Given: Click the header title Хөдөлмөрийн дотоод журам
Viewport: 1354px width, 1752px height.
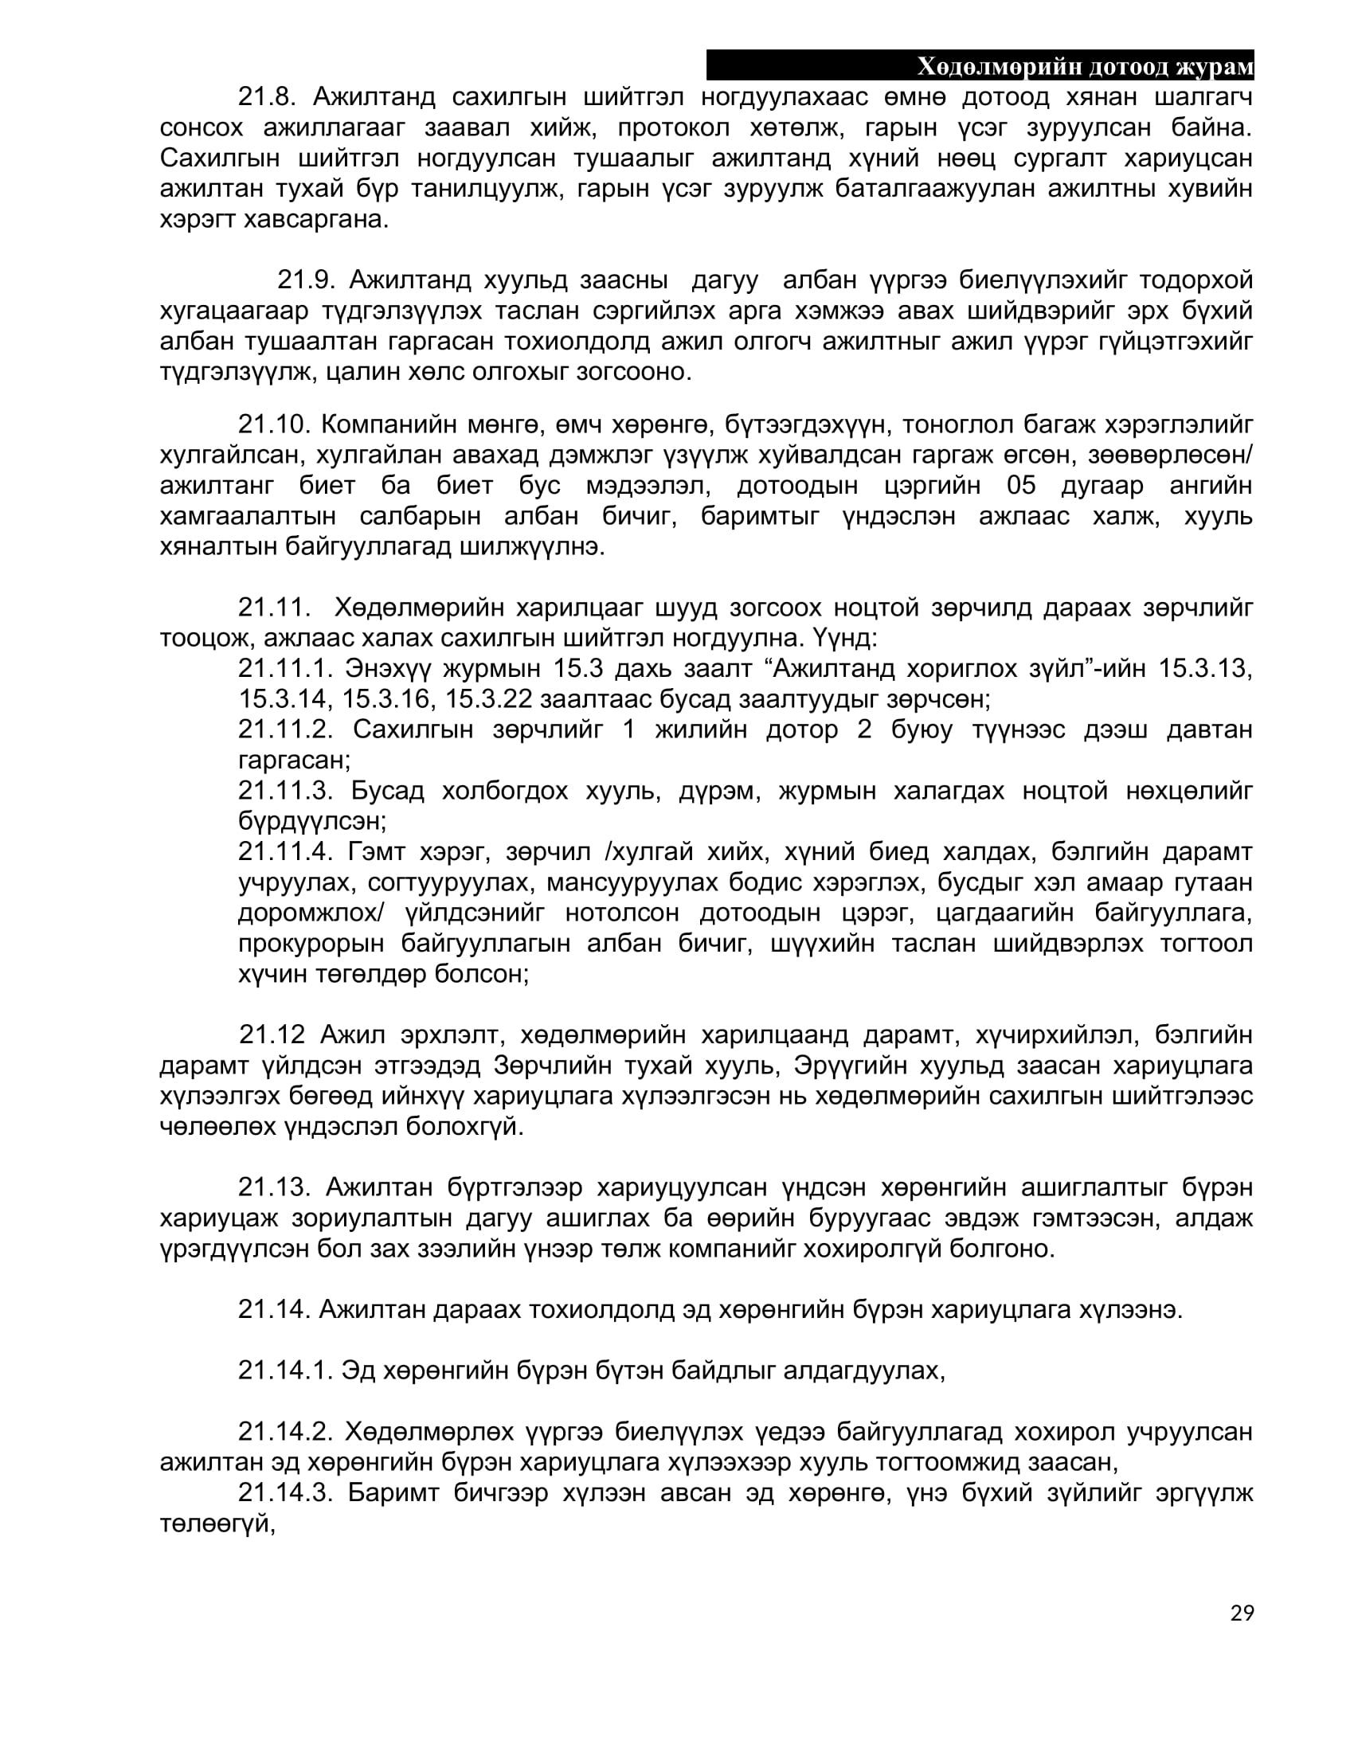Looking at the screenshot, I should point(1085,67).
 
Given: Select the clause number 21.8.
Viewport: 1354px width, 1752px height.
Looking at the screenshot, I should point(267,97).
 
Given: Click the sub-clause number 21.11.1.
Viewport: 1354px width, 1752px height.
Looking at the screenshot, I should point(285,668).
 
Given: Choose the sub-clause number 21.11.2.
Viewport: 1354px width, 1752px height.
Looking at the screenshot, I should point(285,729).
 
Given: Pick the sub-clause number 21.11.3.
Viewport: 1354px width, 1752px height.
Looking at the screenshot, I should point(285,790).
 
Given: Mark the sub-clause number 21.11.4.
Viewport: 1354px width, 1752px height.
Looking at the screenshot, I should point(285,851).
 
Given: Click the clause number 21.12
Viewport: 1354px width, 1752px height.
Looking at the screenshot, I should point(272,1034).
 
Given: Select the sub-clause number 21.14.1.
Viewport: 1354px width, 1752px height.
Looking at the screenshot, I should point(285,1371).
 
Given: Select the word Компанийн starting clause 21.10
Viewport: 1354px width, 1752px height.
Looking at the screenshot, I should point(389,424).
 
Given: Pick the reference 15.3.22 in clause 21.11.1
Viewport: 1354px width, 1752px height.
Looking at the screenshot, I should point(488,698).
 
